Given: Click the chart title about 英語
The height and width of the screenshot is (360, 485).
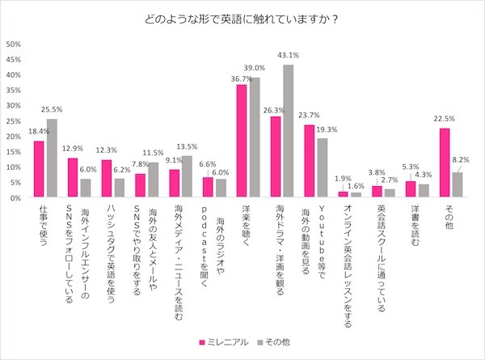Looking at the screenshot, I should [242, 19].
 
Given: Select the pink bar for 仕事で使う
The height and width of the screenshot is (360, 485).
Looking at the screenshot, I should [39, 168].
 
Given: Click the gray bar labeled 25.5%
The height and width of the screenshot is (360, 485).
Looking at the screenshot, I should [52, 158].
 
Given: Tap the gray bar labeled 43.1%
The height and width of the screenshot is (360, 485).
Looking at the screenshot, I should [288, 130].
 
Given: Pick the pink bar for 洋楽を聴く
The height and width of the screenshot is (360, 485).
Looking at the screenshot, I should [241, 140].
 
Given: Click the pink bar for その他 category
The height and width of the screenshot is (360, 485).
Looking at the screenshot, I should [444, 162].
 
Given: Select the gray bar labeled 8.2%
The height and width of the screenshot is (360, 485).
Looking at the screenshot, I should [457, 184].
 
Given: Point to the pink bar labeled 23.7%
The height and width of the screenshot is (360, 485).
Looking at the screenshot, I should [309, 160].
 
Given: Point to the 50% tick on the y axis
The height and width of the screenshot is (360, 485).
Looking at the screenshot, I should [14, 44].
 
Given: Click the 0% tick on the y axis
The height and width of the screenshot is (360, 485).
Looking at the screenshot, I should [16, 197].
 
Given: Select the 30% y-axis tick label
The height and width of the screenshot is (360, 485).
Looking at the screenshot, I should [14, 105].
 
